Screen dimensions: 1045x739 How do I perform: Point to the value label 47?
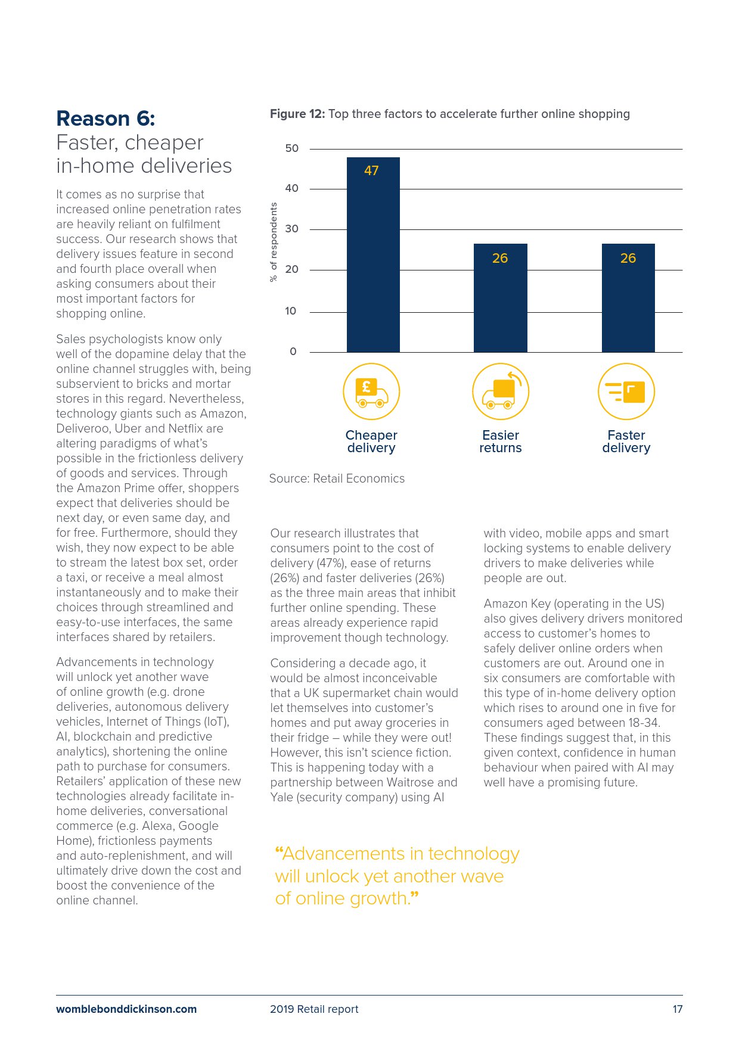[371, 171]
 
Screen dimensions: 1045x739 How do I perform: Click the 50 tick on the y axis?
[291, 148]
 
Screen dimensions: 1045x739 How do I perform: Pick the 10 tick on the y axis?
[291, 311]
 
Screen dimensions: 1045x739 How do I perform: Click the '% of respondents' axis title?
[274, 242]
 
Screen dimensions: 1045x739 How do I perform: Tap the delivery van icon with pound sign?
[371, 391]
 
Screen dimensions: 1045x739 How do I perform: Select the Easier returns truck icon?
[501, 391]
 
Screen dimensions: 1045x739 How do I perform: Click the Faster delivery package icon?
[626, 391]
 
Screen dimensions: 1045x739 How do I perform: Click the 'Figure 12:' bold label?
[297, 114]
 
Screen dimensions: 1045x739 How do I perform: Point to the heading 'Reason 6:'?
[105, 119]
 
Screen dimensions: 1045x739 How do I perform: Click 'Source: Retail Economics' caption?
[337, 478]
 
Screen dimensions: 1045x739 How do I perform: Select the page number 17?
[677, 1009]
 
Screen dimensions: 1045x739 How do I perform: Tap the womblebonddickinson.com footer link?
[126, 1009]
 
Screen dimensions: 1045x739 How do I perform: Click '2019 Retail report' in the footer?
[314, 1009]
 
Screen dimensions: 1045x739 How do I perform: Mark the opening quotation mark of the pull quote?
[278, 852]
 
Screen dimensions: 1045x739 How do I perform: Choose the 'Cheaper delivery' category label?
[371, 441]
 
